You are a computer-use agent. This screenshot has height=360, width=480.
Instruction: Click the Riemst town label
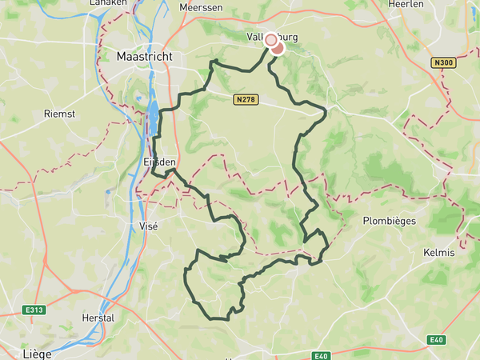[59, 114]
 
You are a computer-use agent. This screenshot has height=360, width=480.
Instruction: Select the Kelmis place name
[438, 253]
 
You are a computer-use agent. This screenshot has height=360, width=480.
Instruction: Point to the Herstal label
[98, 318]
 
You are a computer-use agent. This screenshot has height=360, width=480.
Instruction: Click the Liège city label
[37, 353]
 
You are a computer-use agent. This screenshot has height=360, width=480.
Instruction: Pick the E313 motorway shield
[34, 310]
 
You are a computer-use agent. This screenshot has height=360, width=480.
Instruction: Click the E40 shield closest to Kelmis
[436, 340]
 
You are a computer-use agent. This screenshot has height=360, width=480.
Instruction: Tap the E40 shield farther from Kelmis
[322, 356]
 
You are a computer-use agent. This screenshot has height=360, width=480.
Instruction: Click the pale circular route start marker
[271, 39]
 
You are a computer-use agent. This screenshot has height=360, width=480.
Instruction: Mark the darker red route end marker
[278, 47]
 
